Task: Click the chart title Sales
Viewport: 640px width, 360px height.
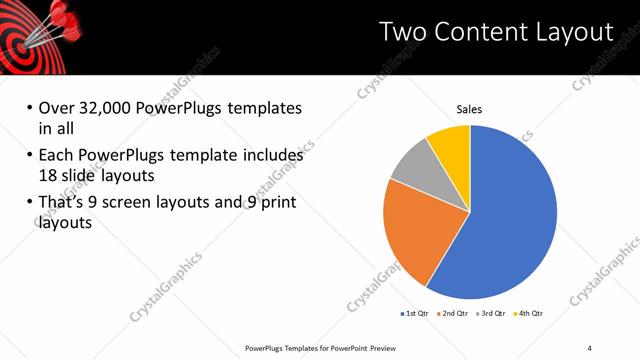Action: point(470,109)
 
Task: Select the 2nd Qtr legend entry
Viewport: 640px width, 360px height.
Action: point(456,314)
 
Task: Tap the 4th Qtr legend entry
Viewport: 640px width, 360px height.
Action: point(530,314)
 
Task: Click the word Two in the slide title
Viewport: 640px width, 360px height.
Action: point(400,32)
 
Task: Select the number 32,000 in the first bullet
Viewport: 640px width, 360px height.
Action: point(102,107)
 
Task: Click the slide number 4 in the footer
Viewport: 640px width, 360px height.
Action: point(590,347)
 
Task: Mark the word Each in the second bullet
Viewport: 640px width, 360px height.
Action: point(56,156)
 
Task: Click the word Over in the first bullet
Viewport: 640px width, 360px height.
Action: point(56,107)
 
